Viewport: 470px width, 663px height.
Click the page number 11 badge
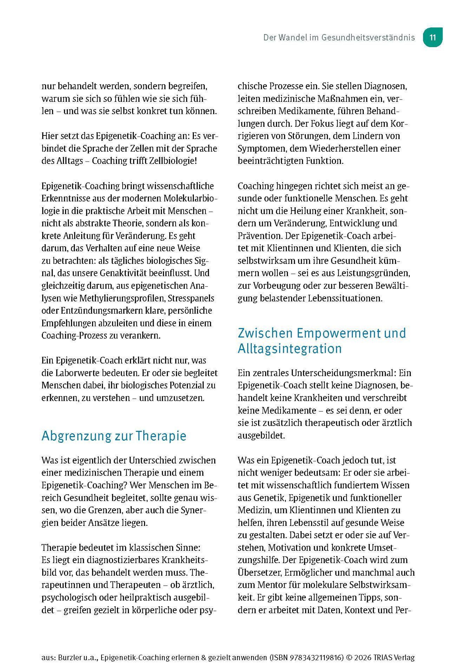point(432,38)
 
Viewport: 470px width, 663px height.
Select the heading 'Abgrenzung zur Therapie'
point(114,436)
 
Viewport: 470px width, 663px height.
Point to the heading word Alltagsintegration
point(290,348)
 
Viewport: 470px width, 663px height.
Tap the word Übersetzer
point(260,573)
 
